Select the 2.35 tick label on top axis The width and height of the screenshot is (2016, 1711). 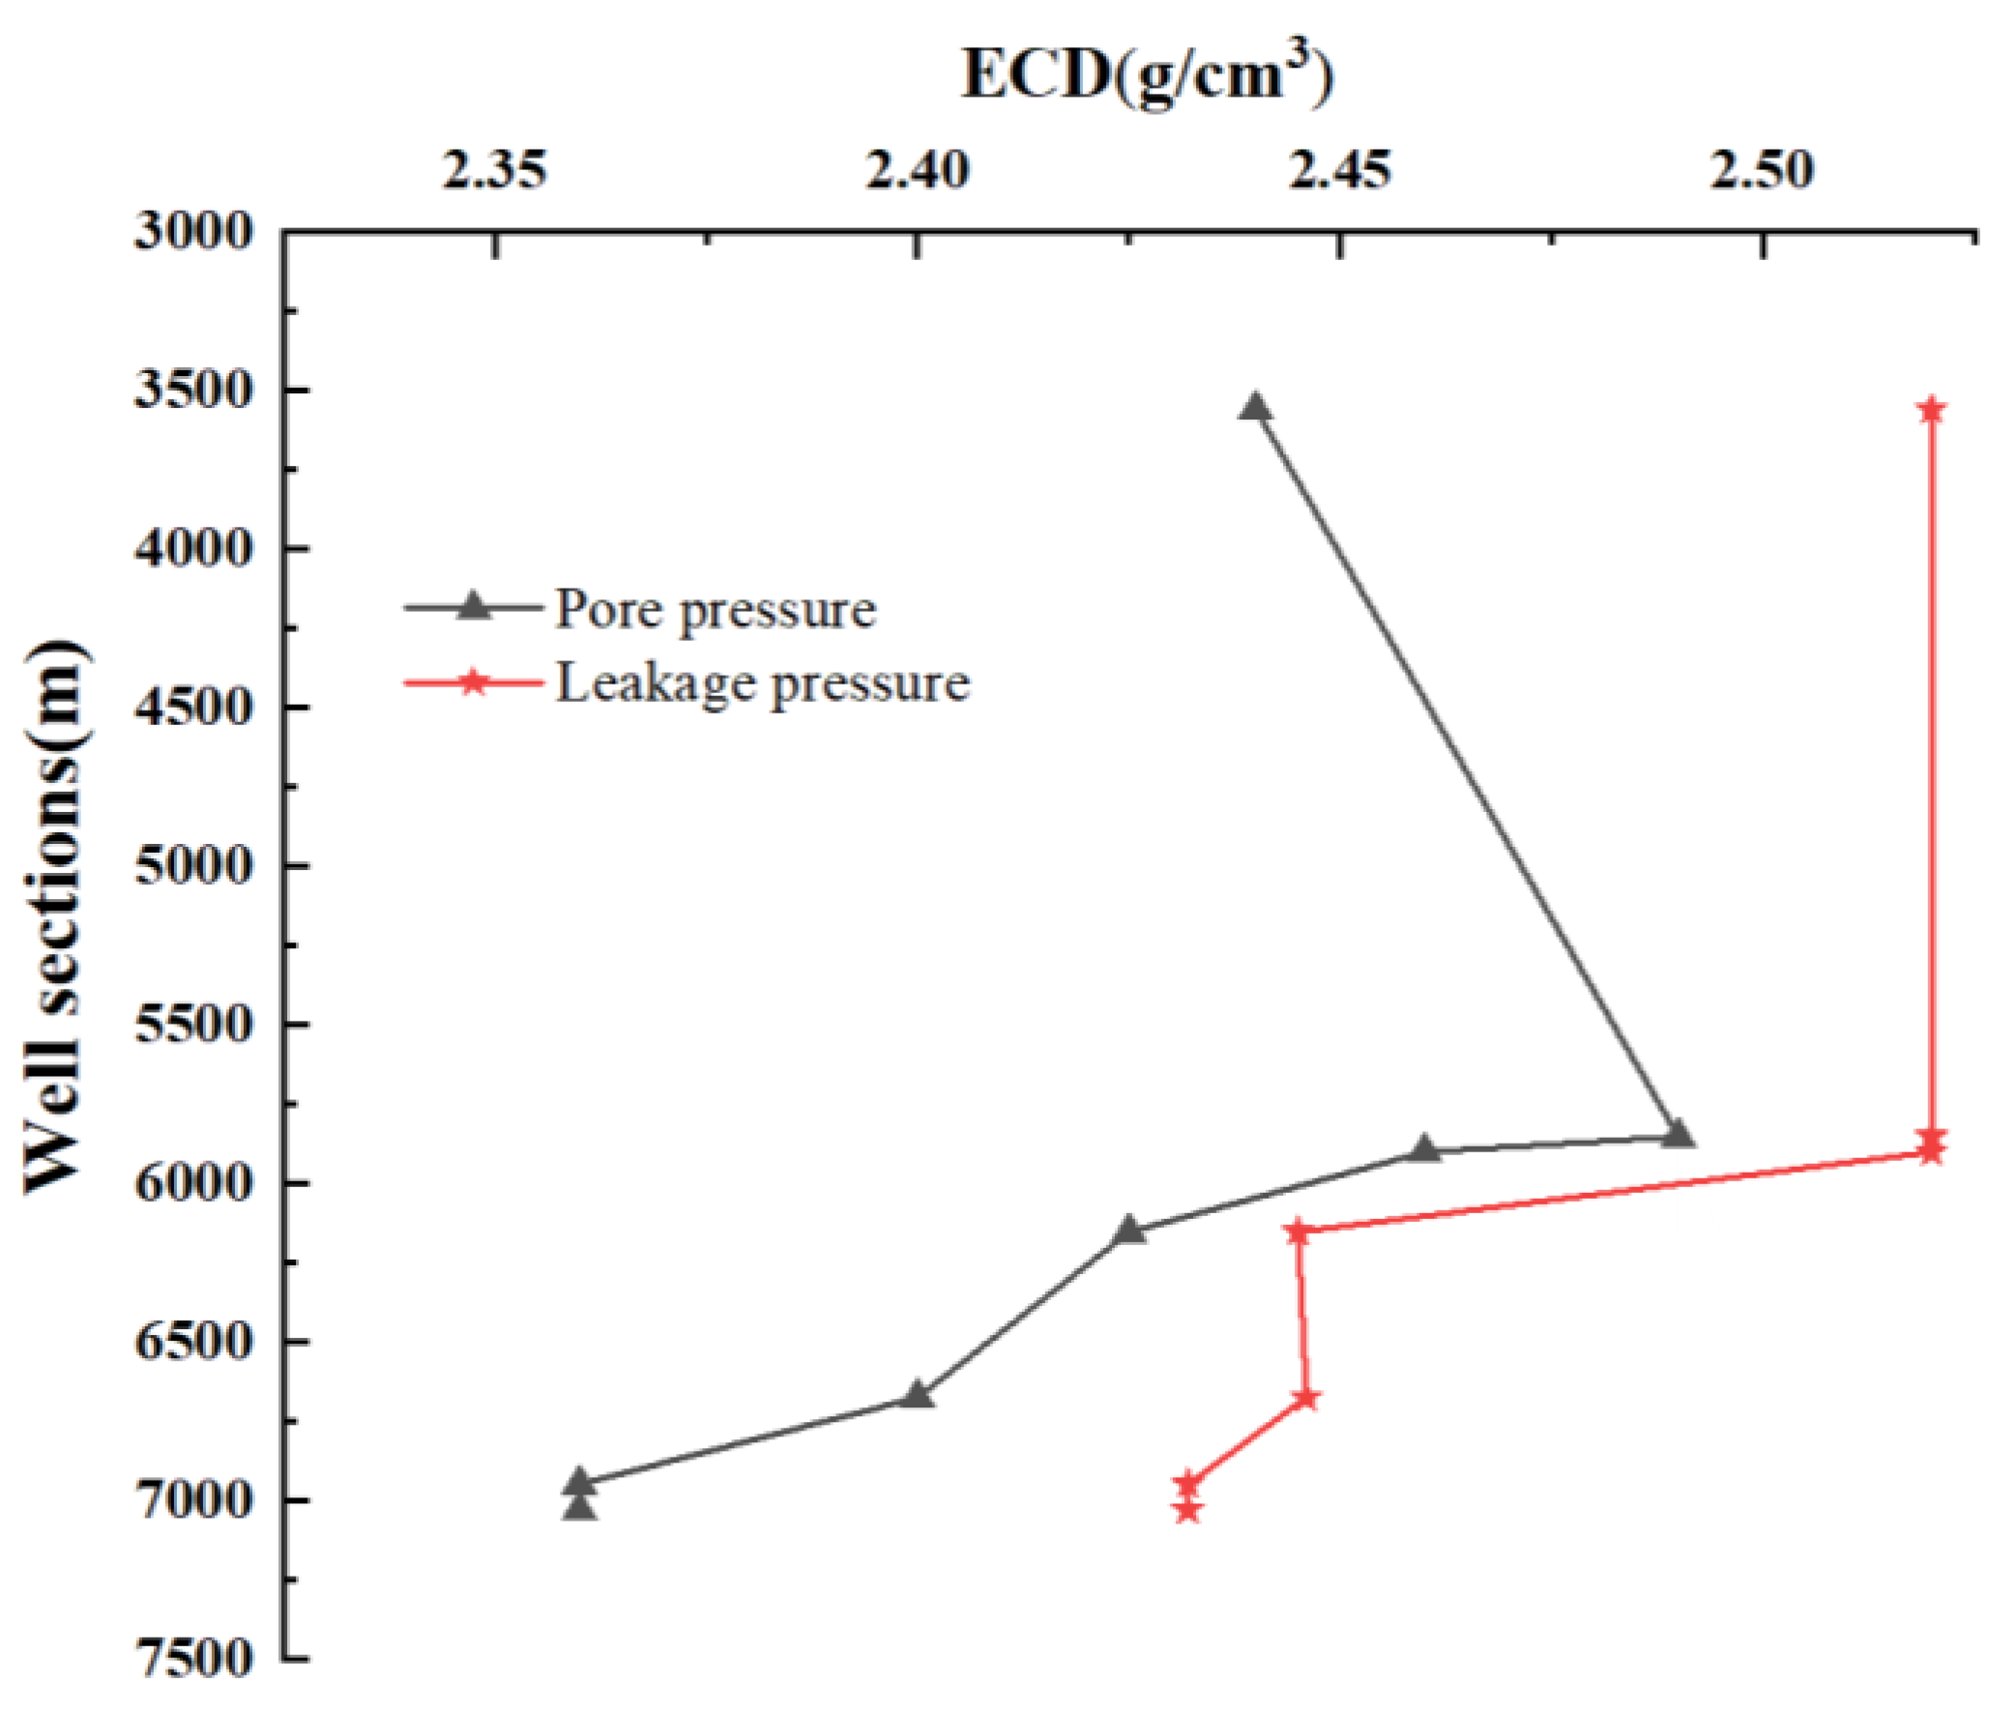(495, 172)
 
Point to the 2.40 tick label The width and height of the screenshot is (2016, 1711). (918, 172)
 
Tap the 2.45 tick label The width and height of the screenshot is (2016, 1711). (1340, 172)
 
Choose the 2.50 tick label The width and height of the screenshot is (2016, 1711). (1762, 172)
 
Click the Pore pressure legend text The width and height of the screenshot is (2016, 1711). (715, 610)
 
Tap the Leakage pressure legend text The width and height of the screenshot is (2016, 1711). (763, 682)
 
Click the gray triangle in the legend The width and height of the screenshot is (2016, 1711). (473, 606)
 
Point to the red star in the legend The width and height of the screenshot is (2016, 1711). (473, 681)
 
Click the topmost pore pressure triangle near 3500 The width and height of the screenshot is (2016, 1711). (1255, 406)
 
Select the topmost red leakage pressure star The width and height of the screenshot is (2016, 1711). (1931, 409)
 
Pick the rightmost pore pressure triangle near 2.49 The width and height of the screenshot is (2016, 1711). (1679, 1134)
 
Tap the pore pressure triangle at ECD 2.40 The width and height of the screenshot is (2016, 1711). (918, 1395)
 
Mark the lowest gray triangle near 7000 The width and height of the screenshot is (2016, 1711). (580, 1505)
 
